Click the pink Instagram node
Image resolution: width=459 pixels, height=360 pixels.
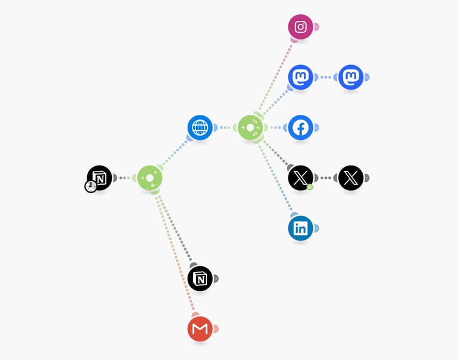301,27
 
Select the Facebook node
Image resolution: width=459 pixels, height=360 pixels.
301,127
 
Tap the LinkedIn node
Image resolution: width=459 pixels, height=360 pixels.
301,228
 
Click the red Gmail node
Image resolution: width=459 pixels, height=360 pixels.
200,328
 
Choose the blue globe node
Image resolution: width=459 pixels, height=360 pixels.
200,127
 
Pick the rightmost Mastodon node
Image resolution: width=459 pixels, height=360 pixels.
351,77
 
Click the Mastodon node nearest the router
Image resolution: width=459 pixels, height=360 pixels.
301,77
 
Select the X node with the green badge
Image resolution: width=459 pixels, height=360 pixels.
301,178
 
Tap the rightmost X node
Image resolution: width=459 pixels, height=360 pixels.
351,178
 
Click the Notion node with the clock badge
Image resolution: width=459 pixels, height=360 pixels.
100,178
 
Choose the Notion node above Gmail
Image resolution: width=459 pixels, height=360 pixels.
200,278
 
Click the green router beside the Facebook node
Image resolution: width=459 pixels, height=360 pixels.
250,127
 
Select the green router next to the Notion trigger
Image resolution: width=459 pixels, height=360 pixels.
150,178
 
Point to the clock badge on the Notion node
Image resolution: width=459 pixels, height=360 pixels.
91,187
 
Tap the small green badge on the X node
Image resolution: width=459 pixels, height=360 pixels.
310,187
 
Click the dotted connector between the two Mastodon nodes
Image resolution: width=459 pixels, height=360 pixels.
326,77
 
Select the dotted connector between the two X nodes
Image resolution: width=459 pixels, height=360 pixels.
326,178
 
